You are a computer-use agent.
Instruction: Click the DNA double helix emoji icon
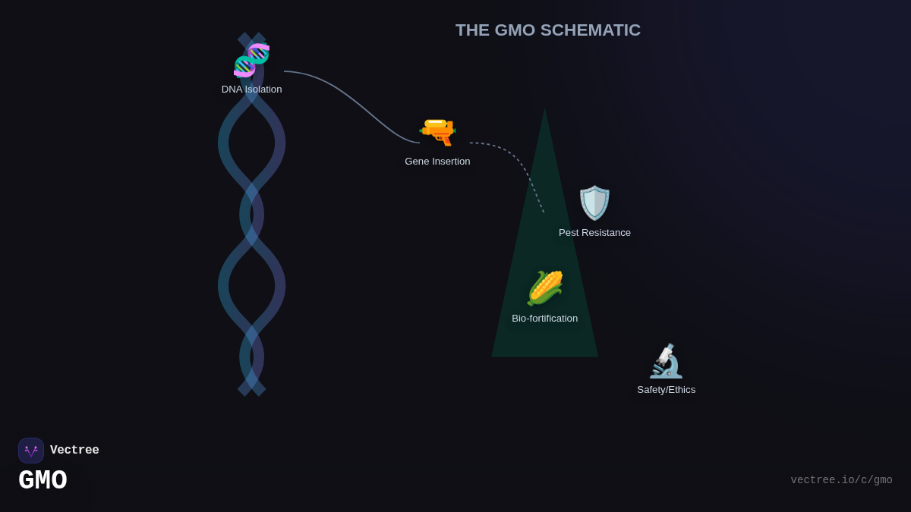pos(251,60)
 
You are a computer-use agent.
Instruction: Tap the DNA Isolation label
pos(251,90)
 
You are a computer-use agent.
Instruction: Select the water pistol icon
pos(437,131)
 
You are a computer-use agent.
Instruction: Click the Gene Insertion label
pos(437,162)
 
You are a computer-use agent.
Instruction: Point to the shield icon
pos(594,203)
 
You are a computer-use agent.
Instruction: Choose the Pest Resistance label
pos(594,233)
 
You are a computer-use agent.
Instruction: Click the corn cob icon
pos(545,288)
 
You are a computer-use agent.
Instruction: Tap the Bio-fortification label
pos(544,319)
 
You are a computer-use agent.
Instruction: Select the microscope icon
pos(666,361)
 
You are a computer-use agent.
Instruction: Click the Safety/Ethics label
pos(666,390)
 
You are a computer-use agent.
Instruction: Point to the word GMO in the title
pos(515,30)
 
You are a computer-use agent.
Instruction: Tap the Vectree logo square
pos(31,451)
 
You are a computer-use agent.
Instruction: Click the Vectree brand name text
pos(74,451)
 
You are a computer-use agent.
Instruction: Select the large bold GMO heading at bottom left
pos(43,480)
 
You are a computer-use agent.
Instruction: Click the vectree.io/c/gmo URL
pos(841,480)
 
